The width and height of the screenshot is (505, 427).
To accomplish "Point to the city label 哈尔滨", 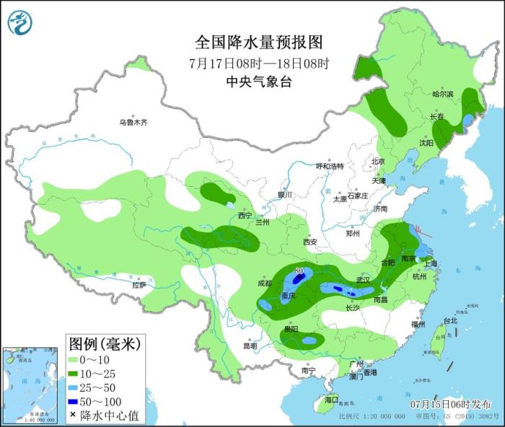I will (442, 94).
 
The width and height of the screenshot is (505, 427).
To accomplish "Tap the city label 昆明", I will (250, 345).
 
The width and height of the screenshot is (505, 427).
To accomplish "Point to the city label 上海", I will (431, 264).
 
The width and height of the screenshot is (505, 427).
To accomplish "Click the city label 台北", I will (450, 320).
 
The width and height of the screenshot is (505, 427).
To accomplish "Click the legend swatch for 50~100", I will (73, 401).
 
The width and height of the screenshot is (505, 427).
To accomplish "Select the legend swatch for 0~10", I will (73, 359).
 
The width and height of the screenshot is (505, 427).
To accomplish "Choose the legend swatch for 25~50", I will (73, 387).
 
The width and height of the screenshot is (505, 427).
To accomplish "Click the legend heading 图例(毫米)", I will (104, 342).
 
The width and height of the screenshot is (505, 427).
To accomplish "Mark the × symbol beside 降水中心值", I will (73, 415).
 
